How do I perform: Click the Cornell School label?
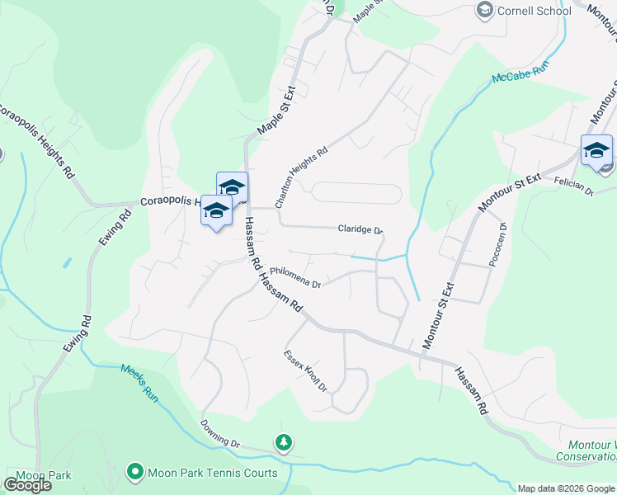point(535,11)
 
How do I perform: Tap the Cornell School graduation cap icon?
point(485,11)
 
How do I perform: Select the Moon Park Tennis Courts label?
point(213,473)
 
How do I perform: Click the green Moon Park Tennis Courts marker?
point(134,472)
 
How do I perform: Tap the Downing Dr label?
point(220,433)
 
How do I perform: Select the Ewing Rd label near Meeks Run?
point(75,333)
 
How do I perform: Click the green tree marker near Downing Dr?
point(284,443)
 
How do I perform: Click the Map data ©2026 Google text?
point(567,488)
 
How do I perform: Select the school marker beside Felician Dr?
point(596,150)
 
